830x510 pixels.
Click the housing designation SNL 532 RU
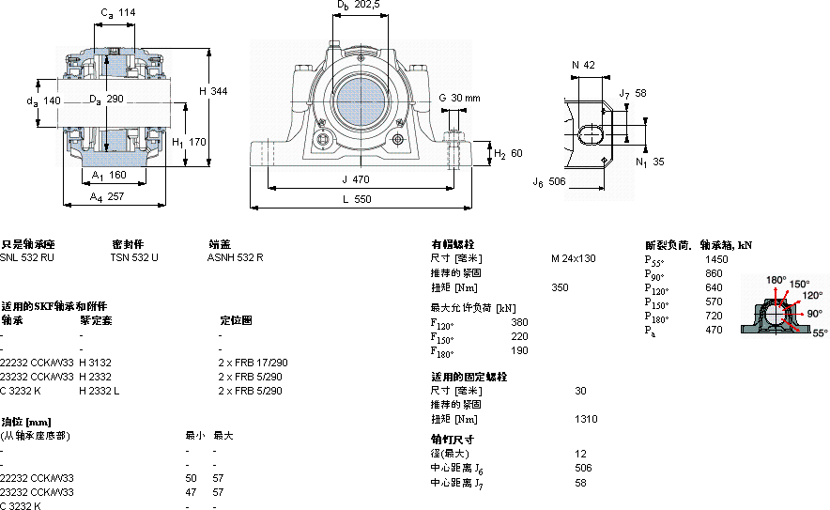[27, 256]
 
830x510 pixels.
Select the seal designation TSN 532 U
[134, 256]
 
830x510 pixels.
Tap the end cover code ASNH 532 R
[236, 256]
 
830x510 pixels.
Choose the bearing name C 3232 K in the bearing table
[22, 391]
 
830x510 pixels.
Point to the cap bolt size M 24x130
[573, 258]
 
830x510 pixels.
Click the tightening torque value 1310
[585, 419]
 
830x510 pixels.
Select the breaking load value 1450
[716, 258]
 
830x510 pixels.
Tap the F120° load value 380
[518, 322]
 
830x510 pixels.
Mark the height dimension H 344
[214, 90]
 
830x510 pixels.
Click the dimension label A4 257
[107, 196]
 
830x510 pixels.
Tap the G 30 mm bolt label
[459, 98]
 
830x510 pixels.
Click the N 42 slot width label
[583, 65]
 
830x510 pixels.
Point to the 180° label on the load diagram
[776, 280]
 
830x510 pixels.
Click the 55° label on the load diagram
[819, 332]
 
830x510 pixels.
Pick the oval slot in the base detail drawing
[592, 133]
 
